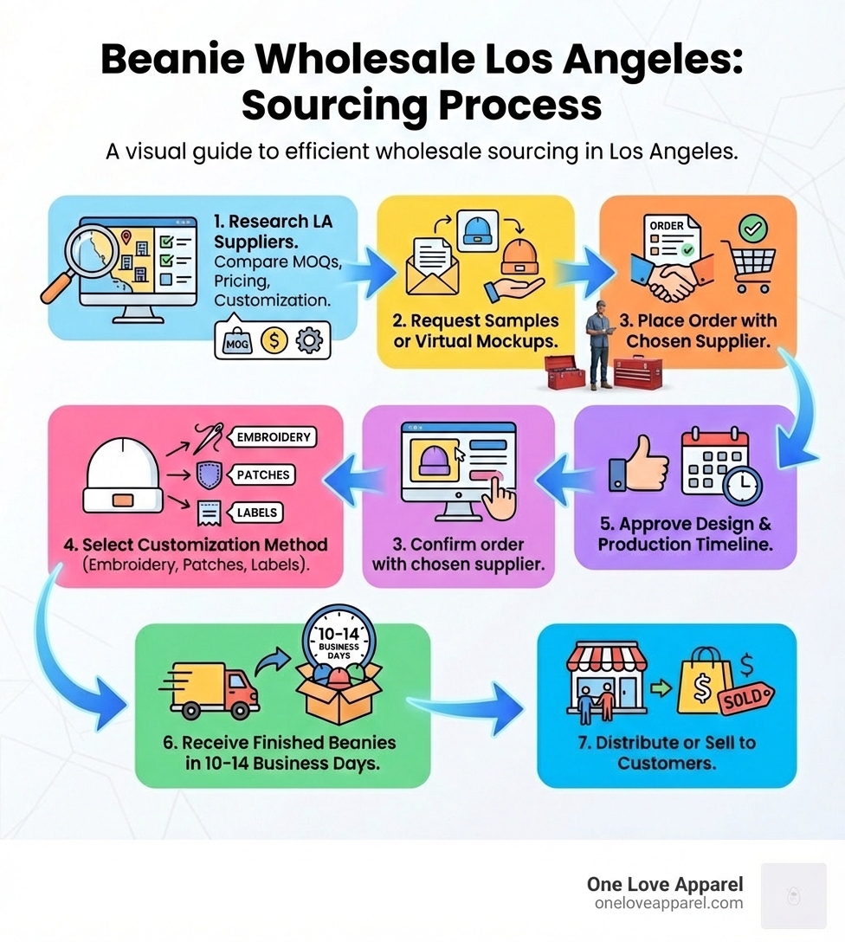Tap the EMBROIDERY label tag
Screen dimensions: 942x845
[x=273, y=437]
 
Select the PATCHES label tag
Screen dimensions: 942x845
[x=264, y=475]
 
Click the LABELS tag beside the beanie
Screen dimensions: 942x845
[x=256, y=513]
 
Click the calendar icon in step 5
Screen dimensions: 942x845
[x=719, y=463]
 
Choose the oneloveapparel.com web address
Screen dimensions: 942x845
[x=668, y=903]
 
